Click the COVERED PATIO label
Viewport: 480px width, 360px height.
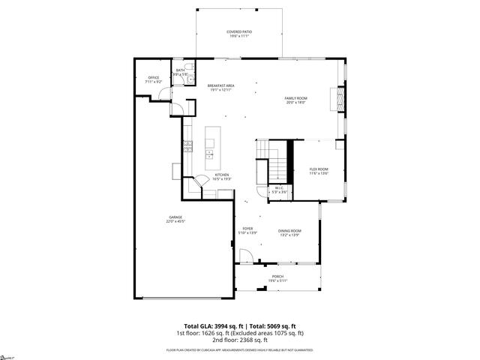point(239,31)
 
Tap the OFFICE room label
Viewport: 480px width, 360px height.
point(154,77)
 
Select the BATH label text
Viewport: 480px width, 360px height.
point(180,70)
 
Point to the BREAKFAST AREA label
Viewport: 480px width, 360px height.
point(221,85)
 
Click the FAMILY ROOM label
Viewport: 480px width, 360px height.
point(296,98)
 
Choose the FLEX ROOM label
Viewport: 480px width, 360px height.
point(319,169)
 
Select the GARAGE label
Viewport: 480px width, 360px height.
point(175,217)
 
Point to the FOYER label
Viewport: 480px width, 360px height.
point(247,228)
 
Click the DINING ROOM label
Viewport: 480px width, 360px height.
point(290,231)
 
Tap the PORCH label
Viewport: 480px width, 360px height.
point(278,277)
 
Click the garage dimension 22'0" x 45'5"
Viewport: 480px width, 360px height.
point(175,222)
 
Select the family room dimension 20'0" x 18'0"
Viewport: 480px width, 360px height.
point(296,103)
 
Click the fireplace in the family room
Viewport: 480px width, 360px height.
point(339,98)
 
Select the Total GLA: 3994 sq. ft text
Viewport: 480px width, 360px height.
point(207,325)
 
